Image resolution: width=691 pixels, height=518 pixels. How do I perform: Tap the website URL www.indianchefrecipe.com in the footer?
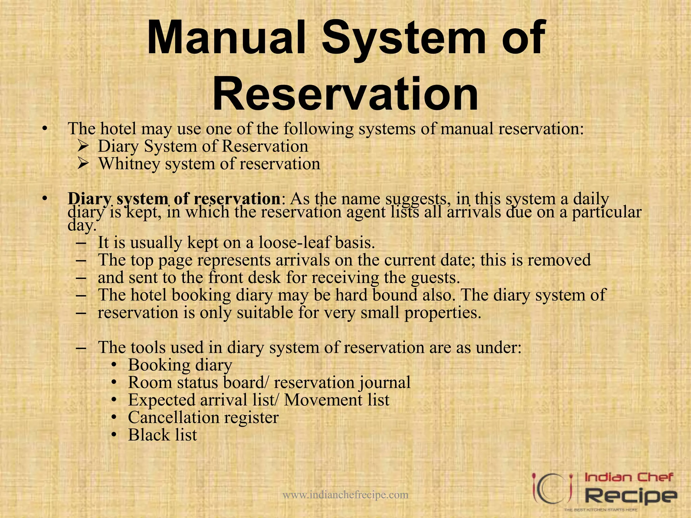(x=345, y=494)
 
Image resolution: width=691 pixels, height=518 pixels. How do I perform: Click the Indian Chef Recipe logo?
(x=604, y=492)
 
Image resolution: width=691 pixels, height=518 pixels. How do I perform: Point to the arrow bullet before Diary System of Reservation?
(x=83, y=146)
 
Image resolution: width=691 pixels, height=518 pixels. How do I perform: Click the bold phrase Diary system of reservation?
(x=173, y=199)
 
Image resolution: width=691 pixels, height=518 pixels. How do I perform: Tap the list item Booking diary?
(x=180, y=365)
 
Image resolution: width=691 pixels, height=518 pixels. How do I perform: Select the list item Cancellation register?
(x=203, y=418)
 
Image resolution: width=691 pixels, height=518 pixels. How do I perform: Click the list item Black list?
(x=162, y=435)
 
